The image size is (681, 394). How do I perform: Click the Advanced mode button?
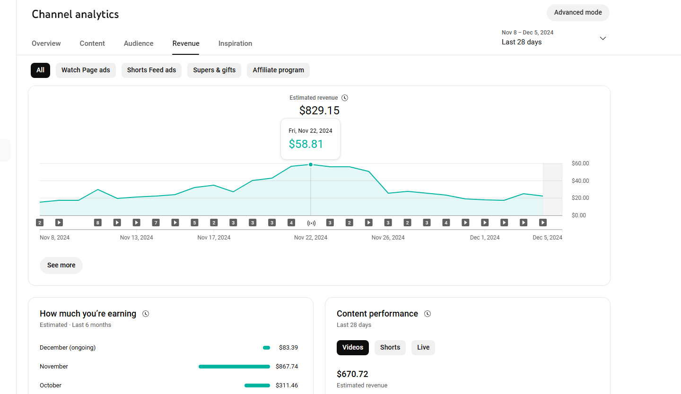[577, 12]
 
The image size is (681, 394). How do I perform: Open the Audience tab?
[138, 43]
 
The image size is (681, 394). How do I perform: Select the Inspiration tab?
[235, 43]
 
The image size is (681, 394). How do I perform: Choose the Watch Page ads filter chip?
[86, 70]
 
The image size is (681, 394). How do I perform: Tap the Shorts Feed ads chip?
[151, 70]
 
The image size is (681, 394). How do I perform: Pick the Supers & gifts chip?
[214, 70]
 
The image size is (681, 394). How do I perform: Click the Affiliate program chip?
[278, 70]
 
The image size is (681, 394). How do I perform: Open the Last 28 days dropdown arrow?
[602, 38]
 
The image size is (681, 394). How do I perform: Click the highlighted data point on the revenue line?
[310, 165]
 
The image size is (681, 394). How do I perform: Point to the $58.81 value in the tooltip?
[306, 144]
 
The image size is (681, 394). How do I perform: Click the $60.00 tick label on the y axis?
[580, 163]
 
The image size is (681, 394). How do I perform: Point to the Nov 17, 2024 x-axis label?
[214, 238]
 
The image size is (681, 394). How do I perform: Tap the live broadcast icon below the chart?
[311, 223]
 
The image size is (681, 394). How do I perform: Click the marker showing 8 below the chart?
[97, 223]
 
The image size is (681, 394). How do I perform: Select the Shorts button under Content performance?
[390, 348]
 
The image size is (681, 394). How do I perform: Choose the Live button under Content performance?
[423, 348]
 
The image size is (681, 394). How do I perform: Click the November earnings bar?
[234, 367]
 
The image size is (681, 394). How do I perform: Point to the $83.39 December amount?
[288, 348]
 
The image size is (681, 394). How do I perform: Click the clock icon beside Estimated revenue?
[344, 98]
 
